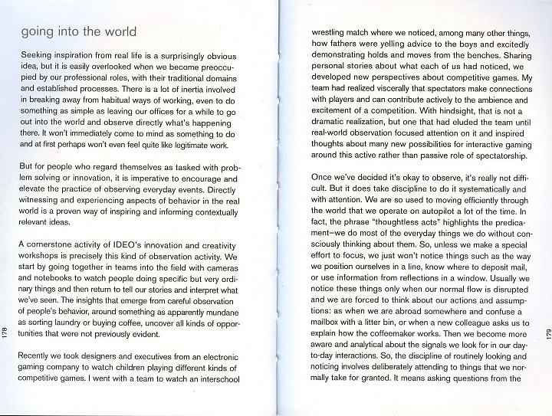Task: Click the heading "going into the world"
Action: coord(79,32)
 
